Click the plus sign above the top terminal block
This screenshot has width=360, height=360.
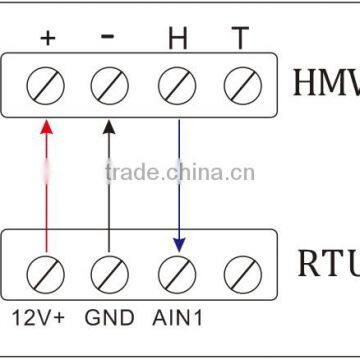point(47,39)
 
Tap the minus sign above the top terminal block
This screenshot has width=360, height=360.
point(108,36)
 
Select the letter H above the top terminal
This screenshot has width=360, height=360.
point(177,39)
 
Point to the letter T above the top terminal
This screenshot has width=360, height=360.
point(239,39)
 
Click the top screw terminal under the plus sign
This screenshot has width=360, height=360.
point(46,83)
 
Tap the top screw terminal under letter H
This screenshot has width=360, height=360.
point(177,83)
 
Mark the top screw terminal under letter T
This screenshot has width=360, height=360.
point(240,83)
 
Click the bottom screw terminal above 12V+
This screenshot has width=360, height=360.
point(46,271)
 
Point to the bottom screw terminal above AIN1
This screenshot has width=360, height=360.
point(177,271)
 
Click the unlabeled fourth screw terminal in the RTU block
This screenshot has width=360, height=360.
point(240,271)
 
